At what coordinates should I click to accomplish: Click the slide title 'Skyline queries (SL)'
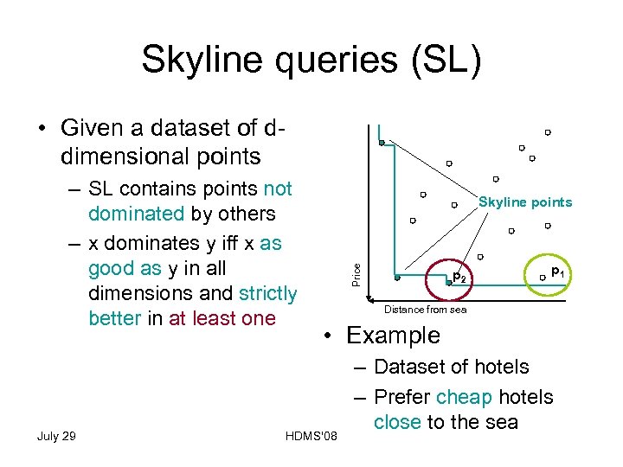pyautogui.click(x=311, y=60)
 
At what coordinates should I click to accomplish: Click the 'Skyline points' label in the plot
pyautogui.click(x=525, y=202)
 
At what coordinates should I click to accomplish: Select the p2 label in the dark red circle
pyautogui.click(x=460, y=278)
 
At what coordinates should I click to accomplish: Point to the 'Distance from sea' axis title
pyautogui.click(x=425, y=310)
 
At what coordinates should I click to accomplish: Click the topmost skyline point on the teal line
pyautogui.click(x=382, y=143)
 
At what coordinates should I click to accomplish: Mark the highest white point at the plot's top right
pyautogui.click(x=548, y=132)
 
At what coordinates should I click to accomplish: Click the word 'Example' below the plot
pyautogui.click(x=393, y=336)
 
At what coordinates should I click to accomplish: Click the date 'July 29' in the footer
pyautogui.click(x=56, y=435)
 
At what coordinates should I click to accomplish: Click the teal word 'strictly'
pyautogui.click(x=268, y=293)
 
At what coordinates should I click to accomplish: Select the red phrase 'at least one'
pyautogui.click(x=222, y=318)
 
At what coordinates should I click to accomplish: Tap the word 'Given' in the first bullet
pyautogui.click(x=94, y=128)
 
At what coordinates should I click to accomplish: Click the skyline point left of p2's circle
pyautogui.click(x=397, y=279)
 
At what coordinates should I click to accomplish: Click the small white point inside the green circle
pyautogui.click(x=542, y=278)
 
